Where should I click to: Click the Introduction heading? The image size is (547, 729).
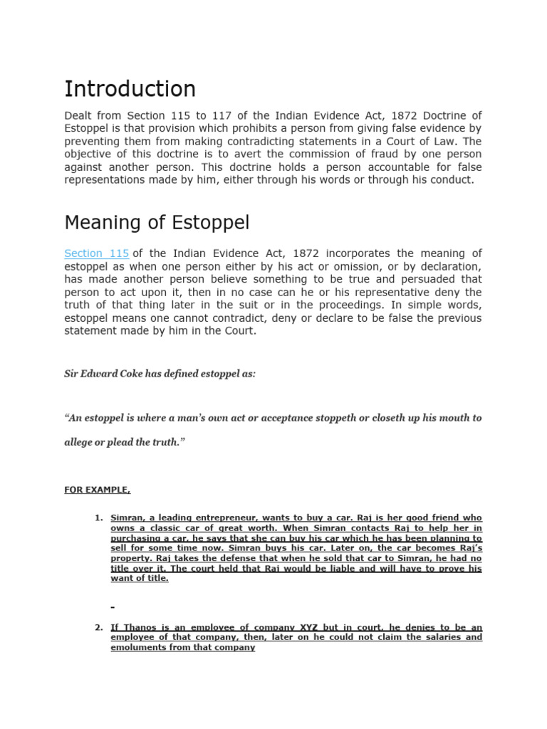click(x=130, y=89)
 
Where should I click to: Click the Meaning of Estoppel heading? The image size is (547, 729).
click(x=157, y=223)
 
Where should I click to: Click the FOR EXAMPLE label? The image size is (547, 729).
click(x=97, y=491)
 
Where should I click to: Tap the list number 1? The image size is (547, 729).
click(x=99, y=518)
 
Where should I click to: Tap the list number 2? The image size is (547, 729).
click(x=99, y=628)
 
